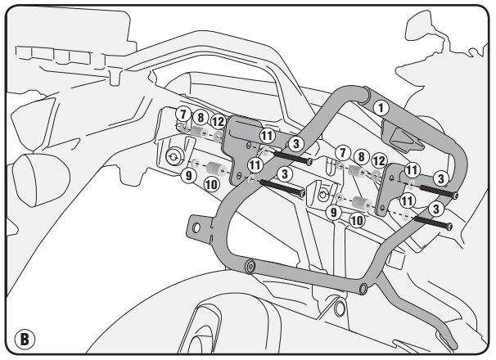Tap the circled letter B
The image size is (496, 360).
(25, 337)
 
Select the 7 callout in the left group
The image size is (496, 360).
(183, 115)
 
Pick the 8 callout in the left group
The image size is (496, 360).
(200, 119)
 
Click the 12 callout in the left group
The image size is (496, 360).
(217, 122)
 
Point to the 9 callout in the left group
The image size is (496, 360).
(187, 175)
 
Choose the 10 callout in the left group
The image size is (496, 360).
(210, 184)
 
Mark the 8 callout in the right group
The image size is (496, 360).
(360, 156)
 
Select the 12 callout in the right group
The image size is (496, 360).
(378, 161)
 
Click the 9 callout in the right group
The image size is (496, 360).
(334, 212)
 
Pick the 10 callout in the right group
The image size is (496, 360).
(357, 219)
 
